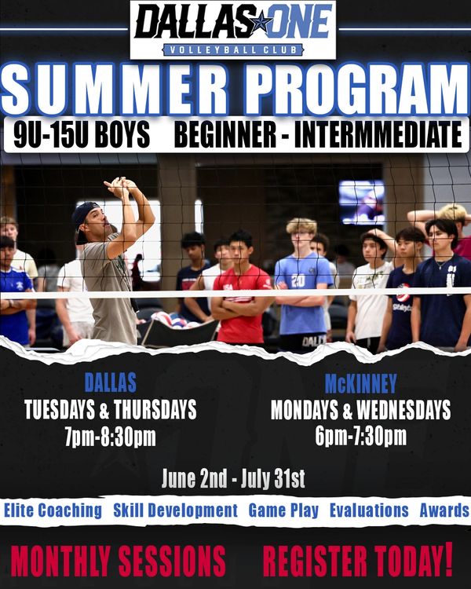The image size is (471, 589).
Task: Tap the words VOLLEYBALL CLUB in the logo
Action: pos(233,50)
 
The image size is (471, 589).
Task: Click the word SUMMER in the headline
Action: pos(115,90)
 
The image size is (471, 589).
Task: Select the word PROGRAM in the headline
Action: pos(356,90)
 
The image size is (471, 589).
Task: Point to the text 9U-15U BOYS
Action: pos(82,134)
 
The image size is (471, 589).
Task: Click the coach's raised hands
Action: pos(120,187)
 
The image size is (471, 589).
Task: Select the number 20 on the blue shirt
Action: pos(298,281)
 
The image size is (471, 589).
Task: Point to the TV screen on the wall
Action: pos(362,202)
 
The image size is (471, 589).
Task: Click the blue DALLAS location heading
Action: pos(111,382)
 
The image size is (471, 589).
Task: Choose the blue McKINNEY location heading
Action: pos(360,383)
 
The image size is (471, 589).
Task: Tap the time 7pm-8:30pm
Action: pos(111,437)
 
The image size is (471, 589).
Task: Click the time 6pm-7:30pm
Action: pos(360,436)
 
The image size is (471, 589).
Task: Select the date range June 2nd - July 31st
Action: pos(233,478)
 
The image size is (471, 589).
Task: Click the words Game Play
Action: pos(283,510)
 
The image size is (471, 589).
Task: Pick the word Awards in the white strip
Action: pos(444,510)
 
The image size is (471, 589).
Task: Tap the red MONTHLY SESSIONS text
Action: pos(119,562)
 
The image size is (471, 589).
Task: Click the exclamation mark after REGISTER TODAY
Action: pos(448,559)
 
